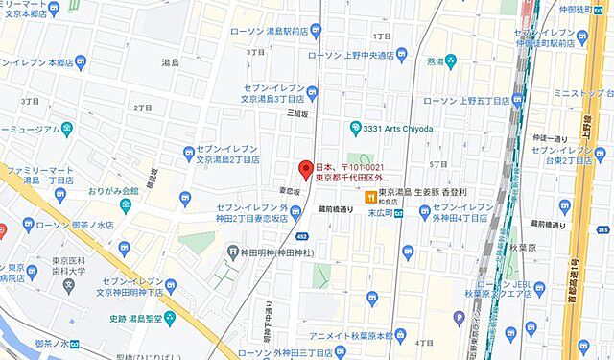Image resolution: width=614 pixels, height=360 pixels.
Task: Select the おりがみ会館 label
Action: (x=113, y=191)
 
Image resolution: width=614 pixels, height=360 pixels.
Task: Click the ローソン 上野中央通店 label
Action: (x=357, y=55)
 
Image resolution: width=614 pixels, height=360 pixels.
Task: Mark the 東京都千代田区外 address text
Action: (x=350, y=178)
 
